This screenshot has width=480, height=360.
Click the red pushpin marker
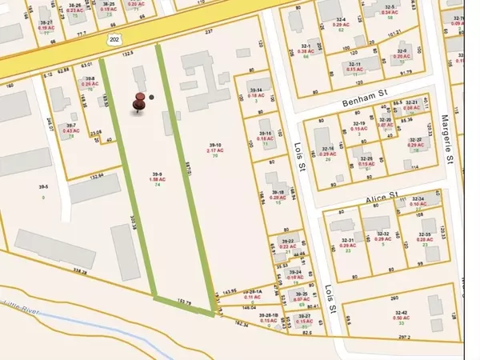141,101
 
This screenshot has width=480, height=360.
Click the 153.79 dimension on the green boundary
186,302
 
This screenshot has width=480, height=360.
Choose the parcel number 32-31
348,239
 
